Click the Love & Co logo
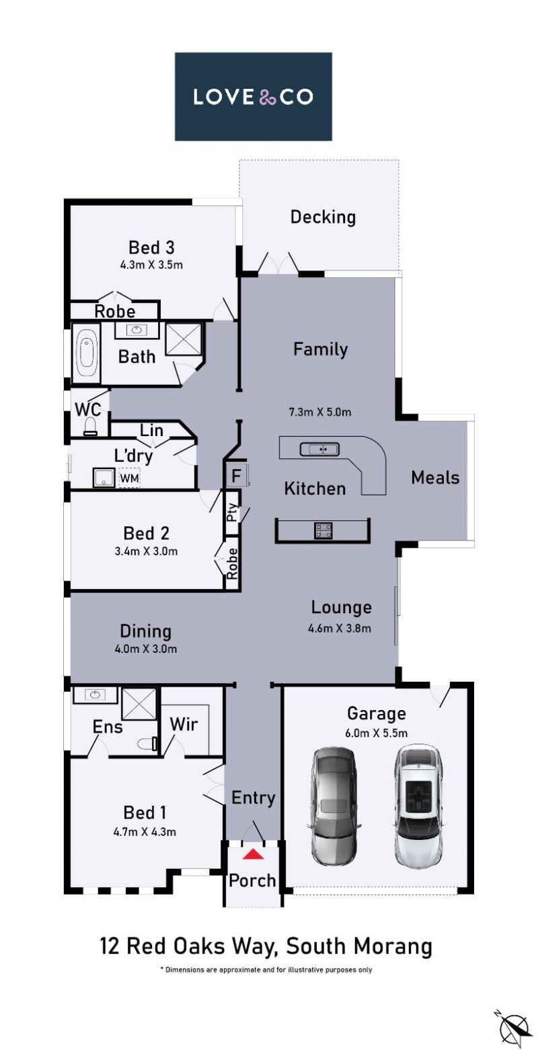[253, 96]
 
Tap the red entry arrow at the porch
[253, 854]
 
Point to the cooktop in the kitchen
[323, 530]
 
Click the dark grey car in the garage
[334, 805]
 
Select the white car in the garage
[418, 806]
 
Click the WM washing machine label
[129, 478]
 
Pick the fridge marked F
[236, 476]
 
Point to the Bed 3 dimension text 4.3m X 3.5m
[151, 265]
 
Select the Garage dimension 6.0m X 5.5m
[376, 733]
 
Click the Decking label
[323, 217]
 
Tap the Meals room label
[435, 478]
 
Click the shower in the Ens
[139, 704]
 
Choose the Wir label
[184, 725]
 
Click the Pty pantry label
[232, 512]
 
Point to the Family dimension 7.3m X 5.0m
[319, 412]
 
